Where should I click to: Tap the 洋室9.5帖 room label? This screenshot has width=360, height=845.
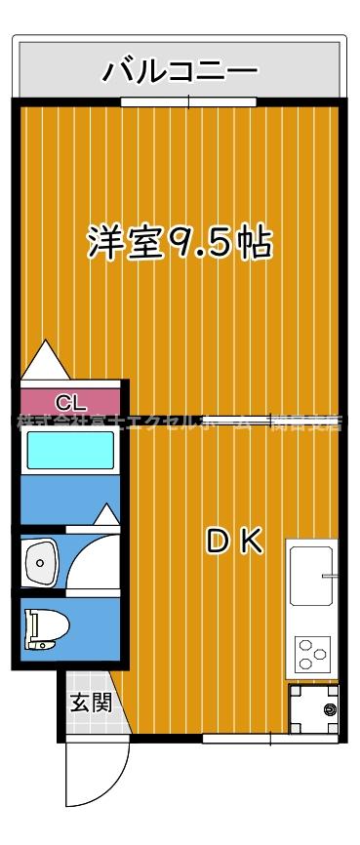pyautogui.click(x=180, y=241)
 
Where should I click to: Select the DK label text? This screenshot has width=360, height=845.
pyautogui.click(x=234, y=542)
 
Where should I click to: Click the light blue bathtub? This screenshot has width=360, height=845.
pyautogui.click(x=69, y=451)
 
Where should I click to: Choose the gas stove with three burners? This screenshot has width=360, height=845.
pyautogui.click(x=312, y=653)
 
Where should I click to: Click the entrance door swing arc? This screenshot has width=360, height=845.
pyautogui.click(x=93, y=781)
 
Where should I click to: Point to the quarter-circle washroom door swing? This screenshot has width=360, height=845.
pyautogui.click(x=96, y=561)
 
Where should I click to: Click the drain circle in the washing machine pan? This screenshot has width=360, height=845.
pyautogui.click(x=329, y=709)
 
